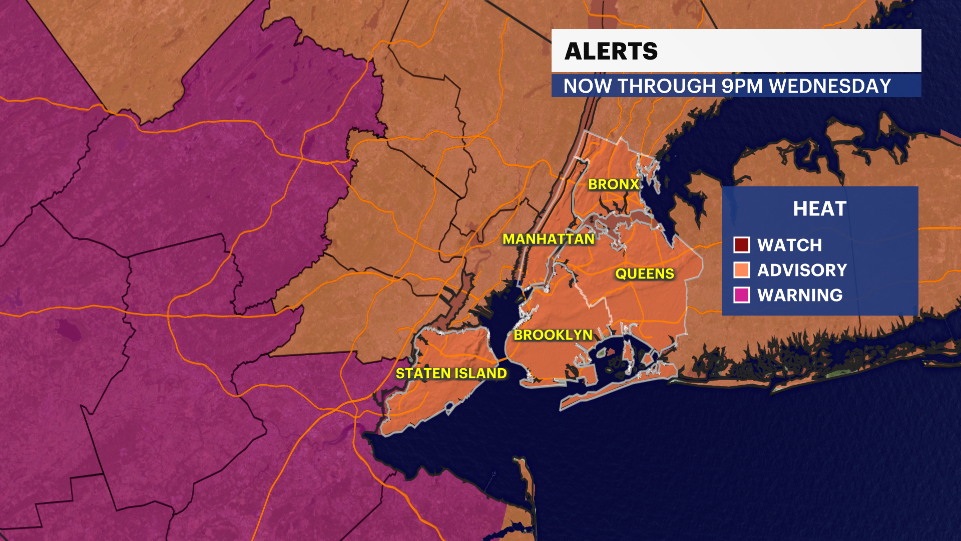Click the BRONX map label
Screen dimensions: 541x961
[x=614, y=184]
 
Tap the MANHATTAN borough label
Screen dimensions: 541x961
[x=549, y=239]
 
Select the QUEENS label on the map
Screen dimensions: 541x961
[x=645, y=274]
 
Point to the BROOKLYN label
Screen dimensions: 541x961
[x=553, y=335]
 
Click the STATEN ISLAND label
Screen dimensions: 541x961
[x=451, y=373]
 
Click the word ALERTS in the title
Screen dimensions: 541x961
[x=611, y=51]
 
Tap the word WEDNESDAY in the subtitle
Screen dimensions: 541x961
[x=830, y=86]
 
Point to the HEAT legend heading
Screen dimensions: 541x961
[x=819, y=209]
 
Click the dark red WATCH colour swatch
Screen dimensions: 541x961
[x=741, y=245]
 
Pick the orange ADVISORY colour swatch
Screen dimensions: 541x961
[x=741, y=270]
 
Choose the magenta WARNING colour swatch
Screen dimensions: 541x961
[x=741, y=295]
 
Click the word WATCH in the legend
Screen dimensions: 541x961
[x=789, y=245]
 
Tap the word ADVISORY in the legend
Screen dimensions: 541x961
[x=802, y=270]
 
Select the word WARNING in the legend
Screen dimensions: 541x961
[x=800, y=295]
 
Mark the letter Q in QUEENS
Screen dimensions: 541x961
[x=621, y=274]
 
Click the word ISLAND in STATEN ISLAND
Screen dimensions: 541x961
[x=480, y=373]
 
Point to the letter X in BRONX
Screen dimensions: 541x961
[x=634, y=184]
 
